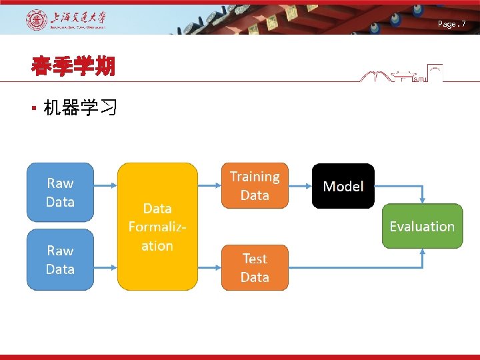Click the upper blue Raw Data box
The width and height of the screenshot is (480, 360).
tap(60, 192)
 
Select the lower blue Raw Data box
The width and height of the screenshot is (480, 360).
tap(60, 259)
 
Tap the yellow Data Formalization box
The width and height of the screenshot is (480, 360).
tap(157, 227)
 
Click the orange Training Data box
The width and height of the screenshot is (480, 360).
tap(255, 185)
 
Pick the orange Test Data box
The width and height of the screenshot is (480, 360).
tap(255, 267)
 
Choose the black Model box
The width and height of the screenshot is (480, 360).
tap(343, 186)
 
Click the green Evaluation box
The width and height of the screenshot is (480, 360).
tap(422, 226)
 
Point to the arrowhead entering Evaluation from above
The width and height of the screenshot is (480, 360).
tap(423, 200)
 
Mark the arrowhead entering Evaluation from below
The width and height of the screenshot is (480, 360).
tap(423, 252)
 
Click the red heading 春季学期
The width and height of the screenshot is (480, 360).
tap(73, 66)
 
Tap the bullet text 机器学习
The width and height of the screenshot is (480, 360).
tap(81, 107)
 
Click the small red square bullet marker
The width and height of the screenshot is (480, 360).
tap(33, 108)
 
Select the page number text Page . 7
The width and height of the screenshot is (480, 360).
tap(451, 24)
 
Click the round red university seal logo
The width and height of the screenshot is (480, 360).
tap(37, 20)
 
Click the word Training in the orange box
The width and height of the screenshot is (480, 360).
tap(255, 177)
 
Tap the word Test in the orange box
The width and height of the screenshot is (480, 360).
tap(255, 259)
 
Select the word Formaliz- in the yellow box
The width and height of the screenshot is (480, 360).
tap(157, 227)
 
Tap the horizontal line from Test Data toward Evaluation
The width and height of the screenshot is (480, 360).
tap(353, 267)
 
